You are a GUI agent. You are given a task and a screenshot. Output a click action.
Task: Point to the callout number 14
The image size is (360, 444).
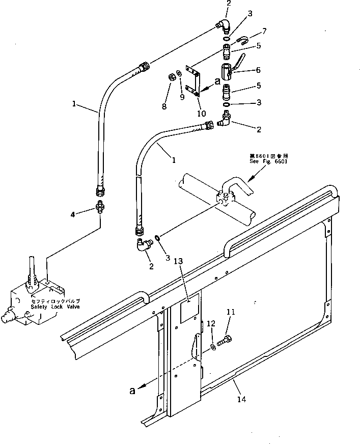tap(241, 399)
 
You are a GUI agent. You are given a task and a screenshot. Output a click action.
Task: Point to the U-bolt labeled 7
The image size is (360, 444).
tap(245, 42)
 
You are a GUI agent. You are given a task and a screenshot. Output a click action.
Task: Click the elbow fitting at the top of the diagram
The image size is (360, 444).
tap(224, 24)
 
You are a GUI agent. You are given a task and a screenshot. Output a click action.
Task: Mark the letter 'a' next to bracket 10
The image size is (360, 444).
tap(218, 80)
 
